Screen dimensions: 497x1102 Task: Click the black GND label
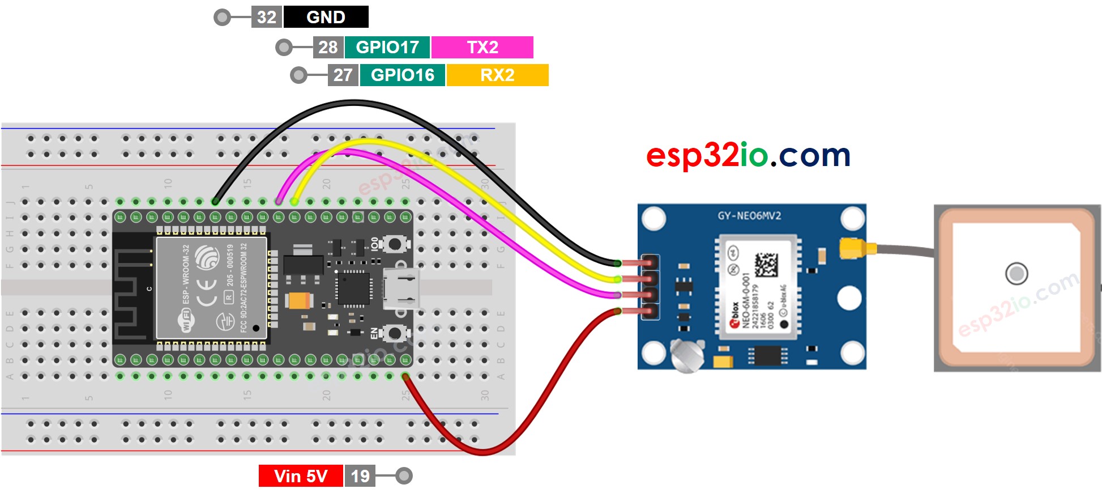(326, 17)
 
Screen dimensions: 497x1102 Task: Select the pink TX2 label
(482, 47)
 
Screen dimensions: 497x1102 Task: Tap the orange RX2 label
(497, 75)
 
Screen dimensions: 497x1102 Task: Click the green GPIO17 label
(387, 47)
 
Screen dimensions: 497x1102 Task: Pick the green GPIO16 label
(402, 75)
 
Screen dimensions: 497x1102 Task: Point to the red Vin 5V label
(300, 476)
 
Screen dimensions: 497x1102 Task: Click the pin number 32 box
(267, 17)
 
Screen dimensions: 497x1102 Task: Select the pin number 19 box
(360, 476)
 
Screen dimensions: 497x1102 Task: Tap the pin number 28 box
(328, 47)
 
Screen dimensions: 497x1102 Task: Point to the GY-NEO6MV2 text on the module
(749, 216)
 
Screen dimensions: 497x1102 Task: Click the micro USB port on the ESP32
(401, 288)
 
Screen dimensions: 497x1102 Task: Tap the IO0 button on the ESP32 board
(394, 244)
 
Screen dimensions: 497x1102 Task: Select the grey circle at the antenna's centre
(1016, 274)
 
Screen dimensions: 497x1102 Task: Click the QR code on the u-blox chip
(766, 265)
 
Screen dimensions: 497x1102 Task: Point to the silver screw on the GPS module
(686, 355)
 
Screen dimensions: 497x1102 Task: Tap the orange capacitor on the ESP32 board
(299, 300)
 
